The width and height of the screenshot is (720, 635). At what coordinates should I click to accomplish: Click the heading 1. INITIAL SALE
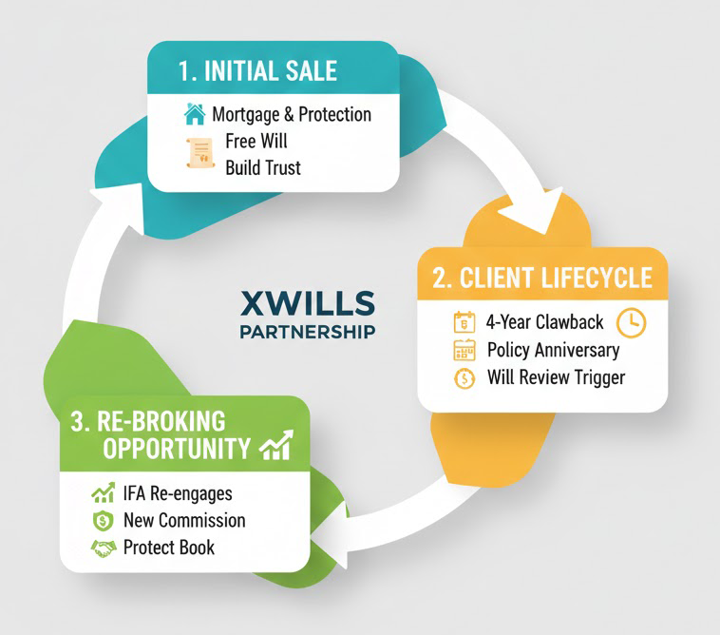pos(257,70)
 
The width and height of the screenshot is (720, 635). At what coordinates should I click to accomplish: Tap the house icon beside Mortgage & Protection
pos(195,115)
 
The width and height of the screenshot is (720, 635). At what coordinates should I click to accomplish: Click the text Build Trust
pos(262,168)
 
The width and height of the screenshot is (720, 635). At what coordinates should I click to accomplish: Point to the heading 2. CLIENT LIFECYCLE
pos(542,278)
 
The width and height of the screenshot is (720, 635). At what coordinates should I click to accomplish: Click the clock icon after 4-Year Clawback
pos(631,321)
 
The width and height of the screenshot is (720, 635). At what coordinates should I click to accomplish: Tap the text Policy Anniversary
pos(553,350)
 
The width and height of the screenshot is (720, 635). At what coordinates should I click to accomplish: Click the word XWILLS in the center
pos(308,303)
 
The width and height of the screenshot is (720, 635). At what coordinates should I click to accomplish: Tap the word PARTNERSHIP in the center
pos(307,332)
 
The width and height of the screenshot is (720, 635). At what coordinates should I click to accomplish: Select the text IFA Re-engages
pos(177,493)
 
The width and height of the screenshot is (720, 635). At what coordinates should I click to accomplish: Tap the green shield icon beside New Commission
pos(103,521)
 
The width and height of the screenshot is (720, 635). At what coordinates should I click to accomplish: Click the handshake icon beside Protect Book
pos(103,548)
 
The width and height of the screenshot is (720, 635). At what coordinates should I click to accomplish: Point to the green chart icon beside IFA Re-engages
pos(103,493)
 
